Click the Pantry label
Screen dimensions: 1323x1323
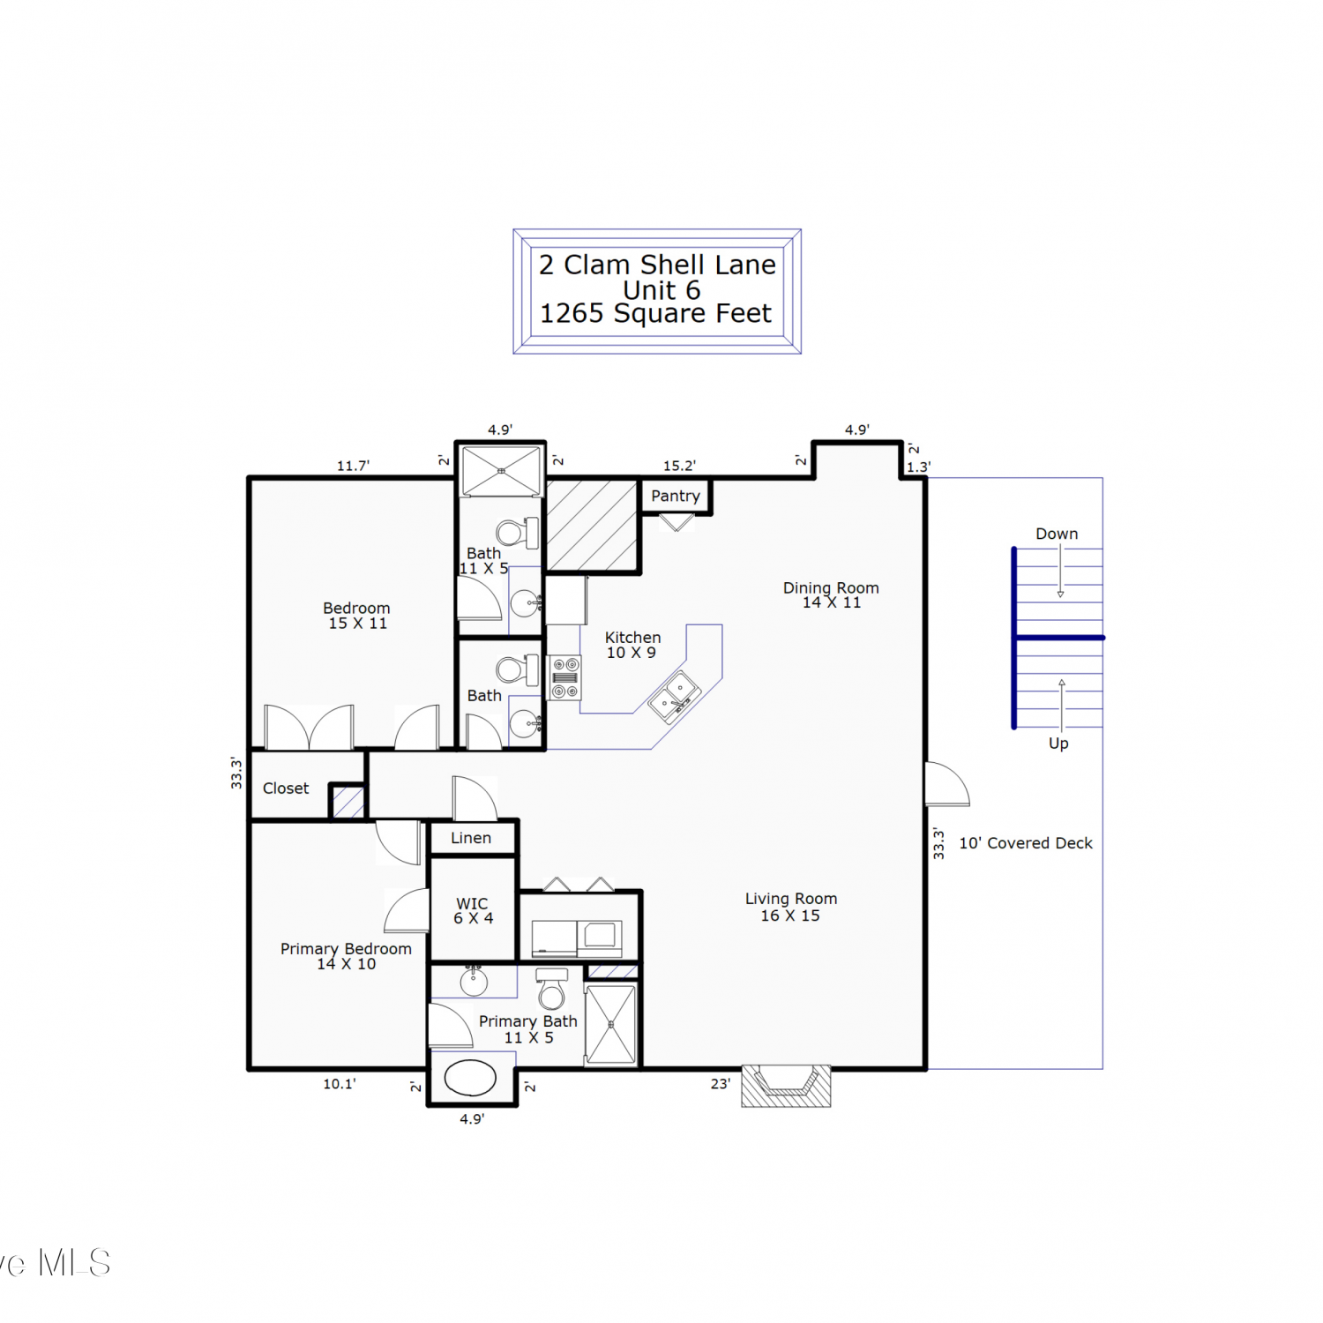(x=676, y=496)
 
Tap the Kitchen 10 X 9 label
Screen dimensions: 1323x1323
(x=632, y=645)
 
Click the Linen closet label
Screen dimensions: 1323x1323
(x=471, y=838)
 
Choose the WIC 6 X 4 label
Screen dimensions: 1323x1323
(x=473, y=910)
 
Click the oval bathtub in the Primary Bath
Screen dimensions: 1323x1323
(x=470, y=1078)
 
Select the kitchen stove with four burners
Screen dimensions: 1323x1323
(x=565, y=677)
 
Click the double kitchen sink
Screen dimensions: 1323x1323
(x=675, y=696)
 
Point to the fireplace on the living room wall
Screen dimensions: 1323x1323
(x=786, y=1086)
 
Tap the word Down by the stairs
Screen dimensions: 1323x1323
(x=1057, y=534)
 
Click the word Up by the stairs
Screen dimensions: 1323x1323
(x=1058, y=744)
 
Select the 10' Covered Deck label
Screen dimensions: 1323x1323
(x=1026, y=843)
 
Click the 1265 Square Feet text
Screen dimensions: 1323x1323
(x=655, y=313)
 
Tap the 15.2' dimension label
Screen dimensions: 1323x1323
(x=679, y=466)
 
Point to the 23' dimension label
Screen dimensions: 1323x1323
(x=721, y=1084)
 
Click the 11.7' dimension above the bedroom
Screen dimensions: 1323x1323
(x=353, y=466)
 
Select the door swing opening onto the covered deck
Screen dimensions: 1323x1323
(x=947, y=784)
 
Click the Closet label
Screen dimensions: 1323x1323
(x=286, y=789)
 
